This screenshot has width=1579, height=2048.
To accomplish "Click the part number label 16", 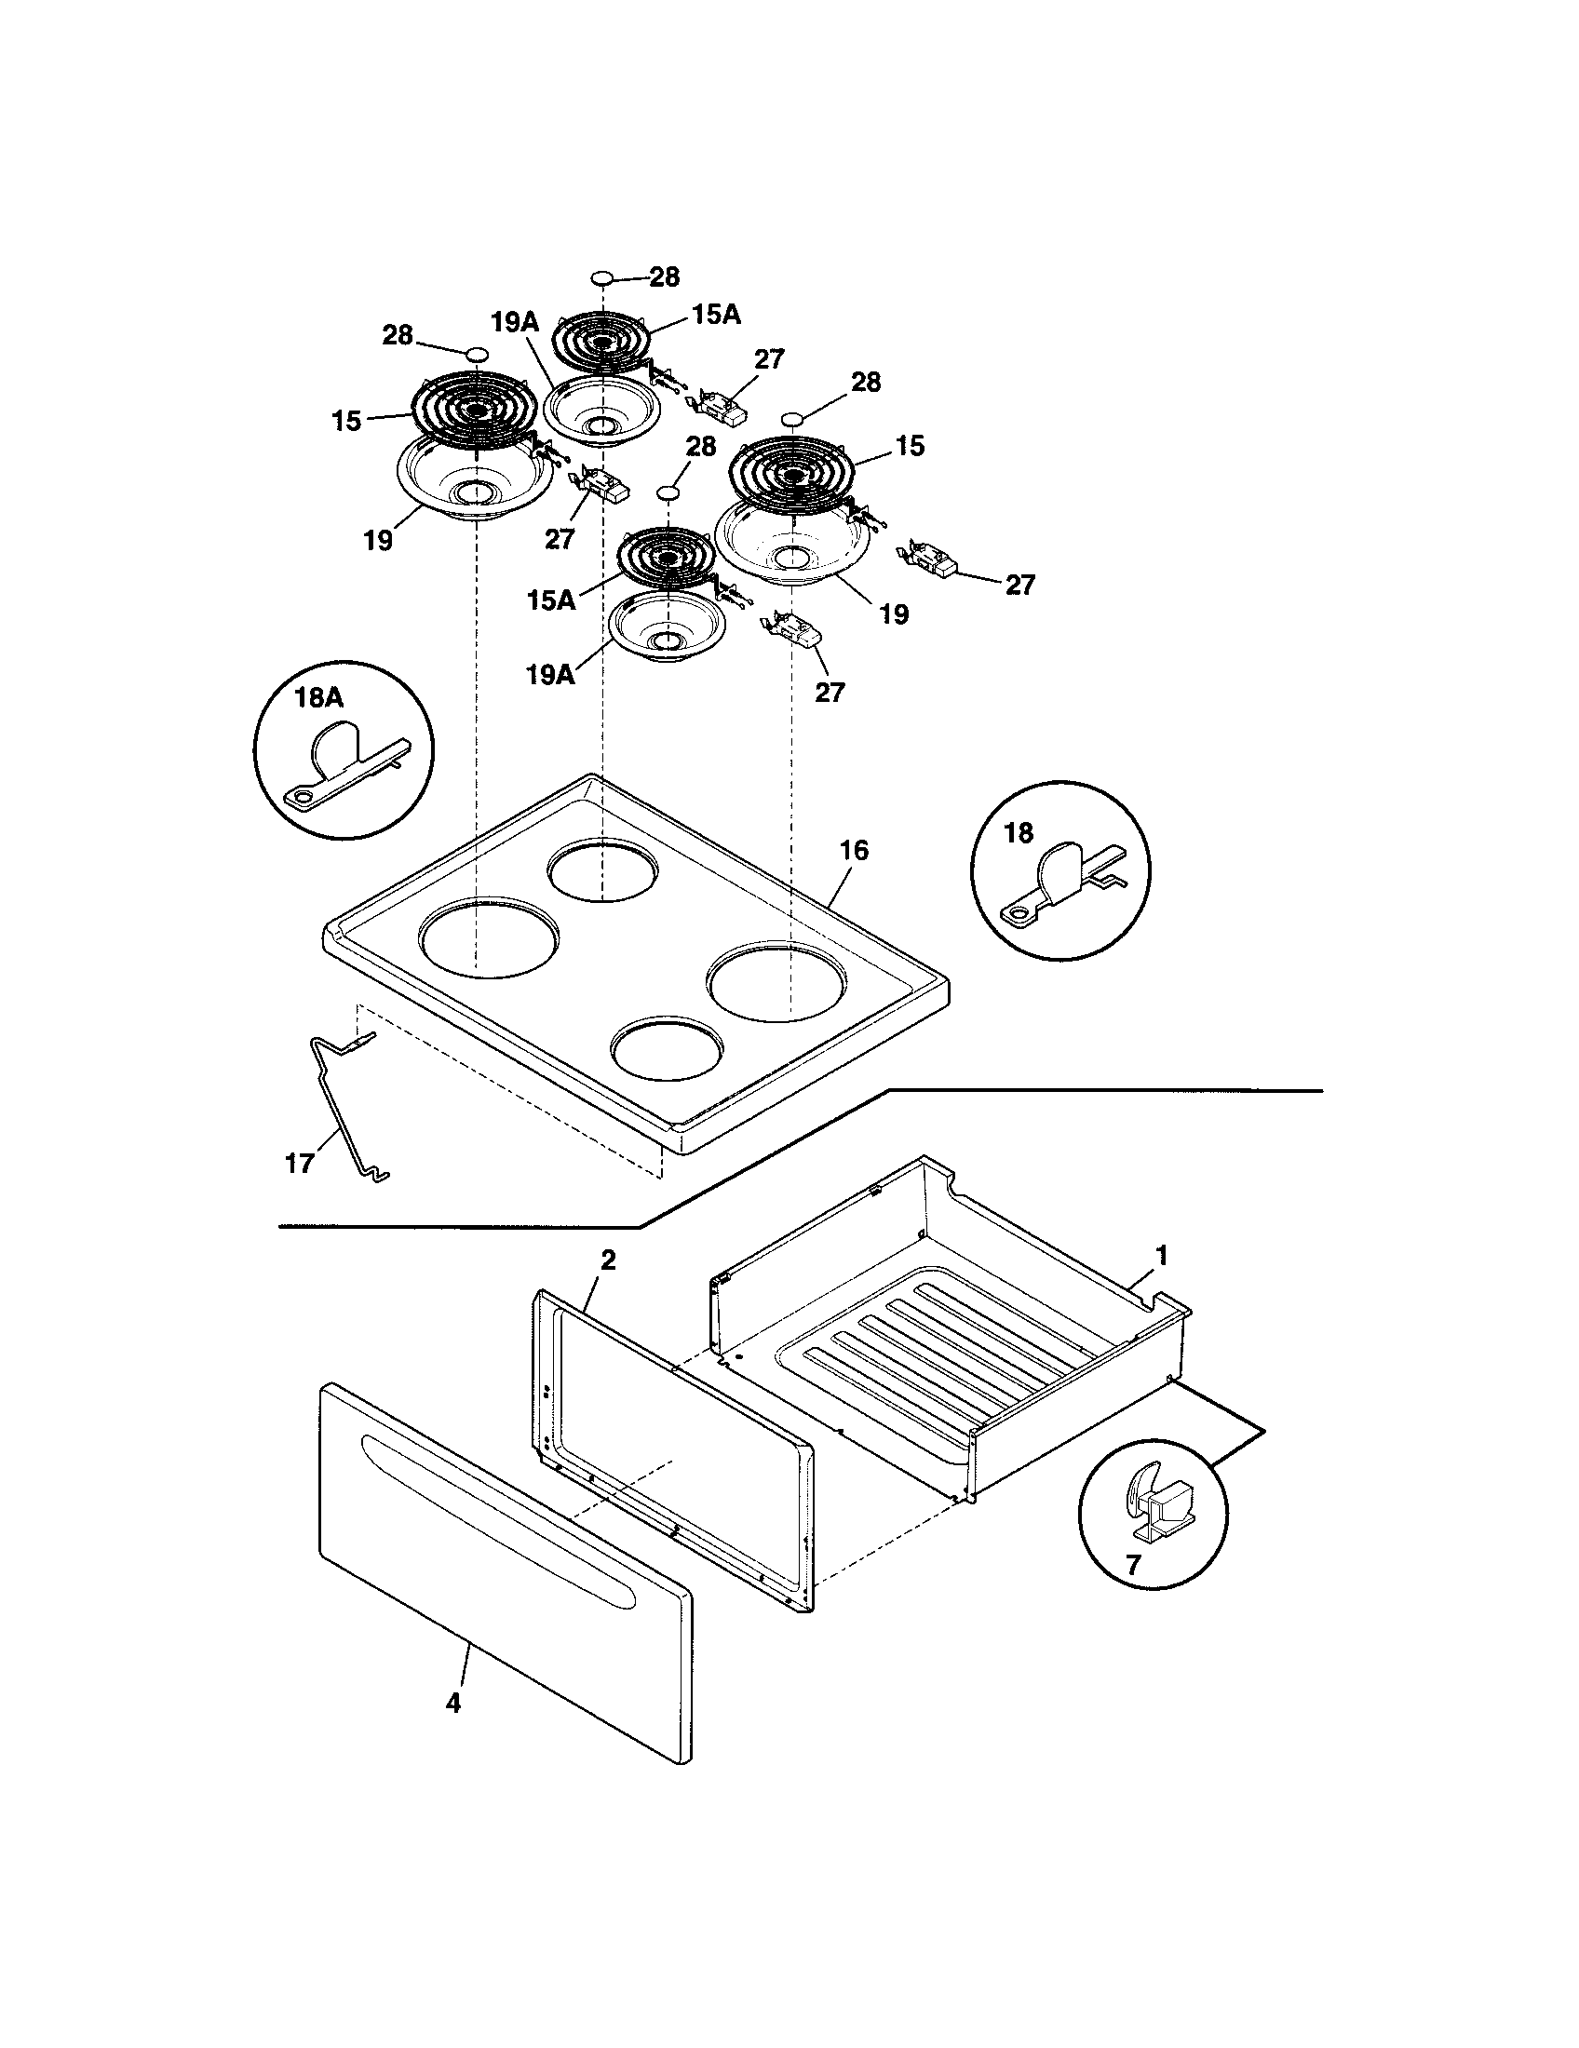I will [x=853, y=851].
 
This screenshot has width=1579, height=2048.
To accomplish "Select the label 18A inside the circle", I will [x=319, y=696].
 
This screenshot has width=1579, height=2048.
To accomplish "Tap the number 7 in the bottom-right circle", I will [x=1134, y=1564].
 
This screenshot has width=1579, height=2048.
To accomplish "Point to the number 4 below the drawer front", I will [x=452, y=1703].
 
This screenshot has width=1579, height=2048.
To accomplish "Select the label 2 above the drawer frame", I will [x=608, y=1260].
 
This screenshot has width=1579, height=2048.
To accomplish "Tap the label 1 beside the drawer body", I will [x=1162, y=1256].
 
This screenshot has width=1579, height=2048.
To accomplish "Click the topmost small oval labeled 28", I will [x=602, y=277].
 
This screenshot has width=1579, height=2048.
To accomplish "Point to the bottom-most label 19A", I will [x=549, y=674].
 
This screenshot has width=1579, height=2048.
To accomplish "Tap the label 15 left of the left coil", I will [x=346, y=422].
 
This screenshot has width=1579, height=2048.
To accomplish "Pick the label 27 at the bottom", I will [x=830, y=692].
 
